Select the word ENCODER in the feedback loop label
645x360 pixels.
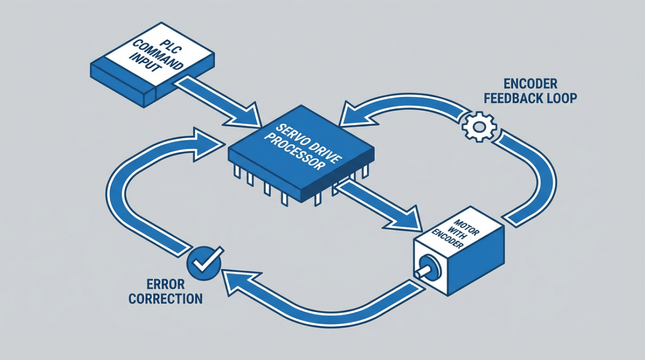523,83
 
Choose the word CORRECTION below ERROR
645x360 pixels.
165,299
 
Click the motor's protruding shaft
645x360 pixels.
422,272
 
